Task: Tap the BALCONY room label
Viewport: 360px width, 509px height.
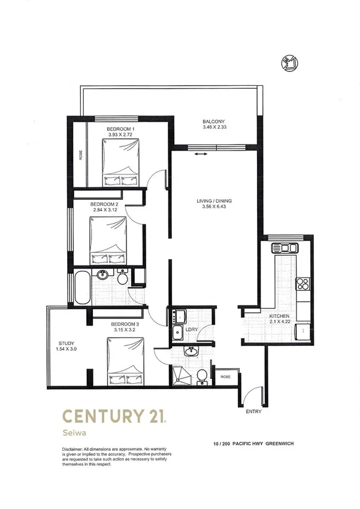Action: tap(213, 122)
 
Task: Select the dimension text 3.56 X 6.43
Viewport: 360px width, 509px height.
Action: tap(214, 207)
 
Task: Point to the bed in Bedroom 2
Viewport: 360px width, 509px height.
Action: tap(108, 240)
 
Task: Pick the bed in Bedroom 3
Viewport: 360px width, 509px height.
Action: tap(126, 362)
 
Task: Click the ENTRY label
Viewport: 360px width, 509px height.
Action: tap(254, 412)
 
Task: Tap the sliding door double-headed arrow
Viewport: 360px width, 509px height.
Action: tap(200, 155)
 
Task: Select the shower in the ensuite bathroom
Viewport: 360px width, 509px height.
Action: tap(181, 375)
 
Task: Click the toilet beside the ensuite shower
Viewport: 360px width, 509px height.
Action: tap(203, 376)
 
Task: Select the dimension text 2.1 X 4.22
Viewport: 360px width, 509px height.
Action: tap(279, 322)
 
